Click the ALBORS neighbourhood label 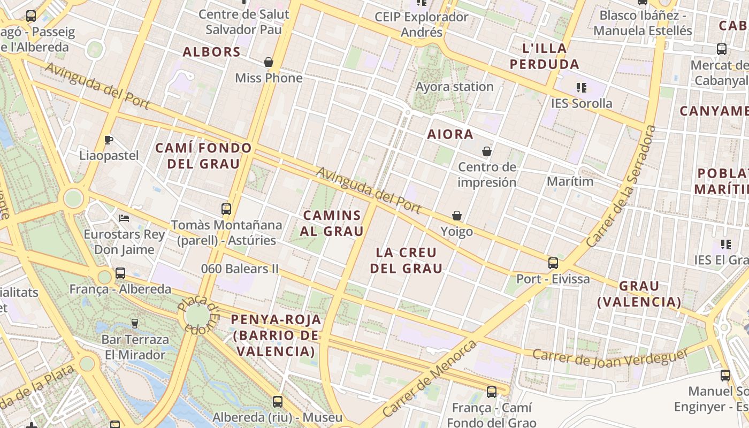tap(211, 52)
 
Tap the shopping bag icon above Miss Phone tap(269, 62)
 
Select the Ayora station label tap(454, 87)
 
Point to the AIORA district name tap(450, 134)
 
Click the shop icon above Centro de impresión tap(486, 151)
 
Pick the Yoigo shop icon tap(457, 216)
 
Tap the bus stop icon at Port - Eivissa tap(553, 263)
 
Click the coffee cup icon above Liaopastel tap(109, 140)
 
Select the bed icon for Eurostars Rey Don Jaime tap(124, 218)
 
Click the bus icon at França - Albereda tap(120, 273)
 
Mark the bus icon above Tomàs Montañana tap(226, 209)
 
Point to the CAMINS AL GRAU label tap(333, 223)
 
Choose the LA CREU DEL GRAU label tap(406, 260)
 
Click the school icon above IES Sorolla tap(581, 87)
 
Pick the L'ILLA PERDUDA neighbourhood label tap(544, 56)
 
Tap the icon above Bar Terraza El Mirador tap(134, 323)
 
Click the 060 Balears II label tap(240, 269)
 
